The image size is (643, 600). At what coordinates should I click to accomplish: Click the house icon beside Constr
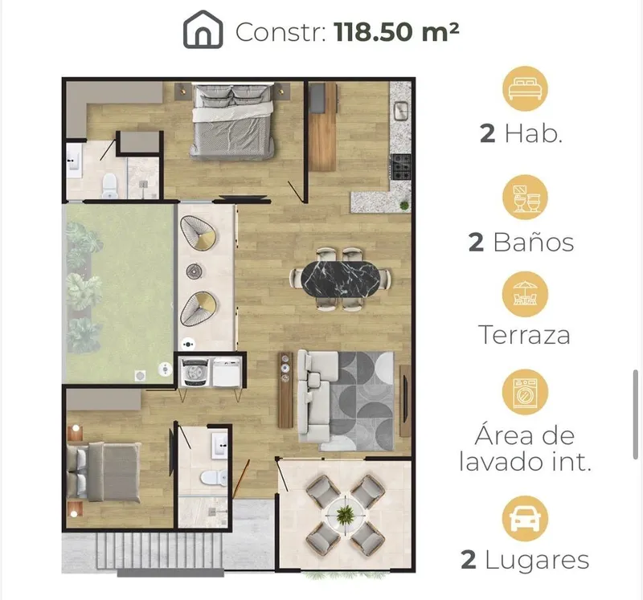tap(203, 30)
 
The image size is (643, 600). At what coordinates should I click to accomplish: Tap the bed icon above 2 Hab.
tap(526, 88)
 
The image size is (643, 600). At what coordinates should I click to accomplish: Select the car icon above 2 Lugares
tap(526, 519)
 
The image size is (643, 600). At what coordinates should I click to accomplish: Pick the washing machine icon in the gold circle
tap(526, 392)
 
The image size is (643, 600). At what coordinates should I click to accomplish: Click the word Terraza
tap(524, 334)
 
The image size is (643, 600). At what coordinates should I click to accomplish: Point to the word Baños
tap(533, 242)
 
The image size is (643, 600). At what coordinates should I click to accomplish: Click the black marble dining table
tap(340, 279)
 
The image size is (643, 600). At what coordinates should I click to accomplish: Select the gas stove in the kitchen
tap(400, 167)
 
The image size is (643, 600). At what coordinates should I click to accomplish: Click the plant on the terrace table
tap(346, 514)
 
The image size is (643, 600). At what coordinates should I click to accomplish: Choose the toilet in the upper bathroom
tap(109, 186)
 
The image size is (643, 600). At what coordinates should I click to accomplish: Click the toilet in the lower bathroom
tap(214, 477)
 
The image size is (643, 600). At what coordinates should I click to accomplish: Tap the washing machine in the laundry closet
tap(195, 372)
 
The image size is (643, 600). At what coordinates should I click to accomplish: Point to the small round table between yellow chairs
tap(195, 271)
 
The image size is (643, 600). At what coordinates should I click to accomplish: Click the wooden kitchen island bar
tap(323, 127)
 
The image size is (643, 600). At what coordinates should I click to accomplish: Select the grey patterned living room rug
tap(361, 401)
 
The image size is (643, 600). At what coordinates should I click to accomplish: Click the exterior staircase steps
tap(161, 551)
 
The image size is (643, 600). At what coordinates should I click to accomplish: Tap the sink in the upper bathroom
tap(74, 161)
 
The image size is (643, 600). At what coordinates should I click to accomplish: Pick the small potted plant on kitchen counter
tap(404, 205)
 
